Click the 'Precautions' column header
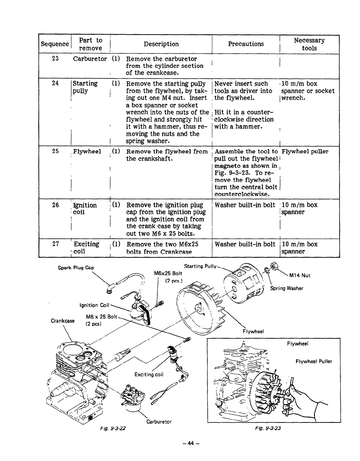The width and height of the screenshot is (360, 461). [246, 44]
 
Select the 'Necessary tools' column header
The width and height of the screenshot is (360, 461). [309, 44]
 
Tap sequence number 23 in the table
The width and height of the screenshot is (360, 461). [55, 59]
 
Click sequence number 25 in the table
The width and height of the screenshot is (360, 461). [55, 152]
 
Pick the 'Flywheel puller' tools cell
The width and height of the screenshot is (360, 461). [305, 152]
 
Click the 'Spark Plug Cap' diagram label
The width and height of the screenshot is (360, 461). [76, 268]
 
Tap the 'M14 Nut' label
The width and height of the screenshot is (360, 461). [300, 276]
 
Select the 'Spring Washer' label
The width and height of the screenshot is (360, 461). [287, 288]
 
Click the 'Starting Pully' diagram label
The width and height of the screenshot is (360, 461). [200, 266]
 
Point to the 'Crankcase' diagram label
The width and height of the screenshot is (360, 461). [62, 321]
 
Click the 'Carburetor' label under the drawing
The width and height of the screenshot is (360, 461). [159, 422]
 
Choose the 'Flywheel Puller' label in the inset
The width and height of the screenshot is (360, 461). [313, 361]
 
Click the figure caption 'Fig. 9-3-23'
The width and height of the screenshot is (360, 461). [268, 428]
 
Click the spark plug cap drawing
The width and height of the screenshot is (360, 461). [111, 289]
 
